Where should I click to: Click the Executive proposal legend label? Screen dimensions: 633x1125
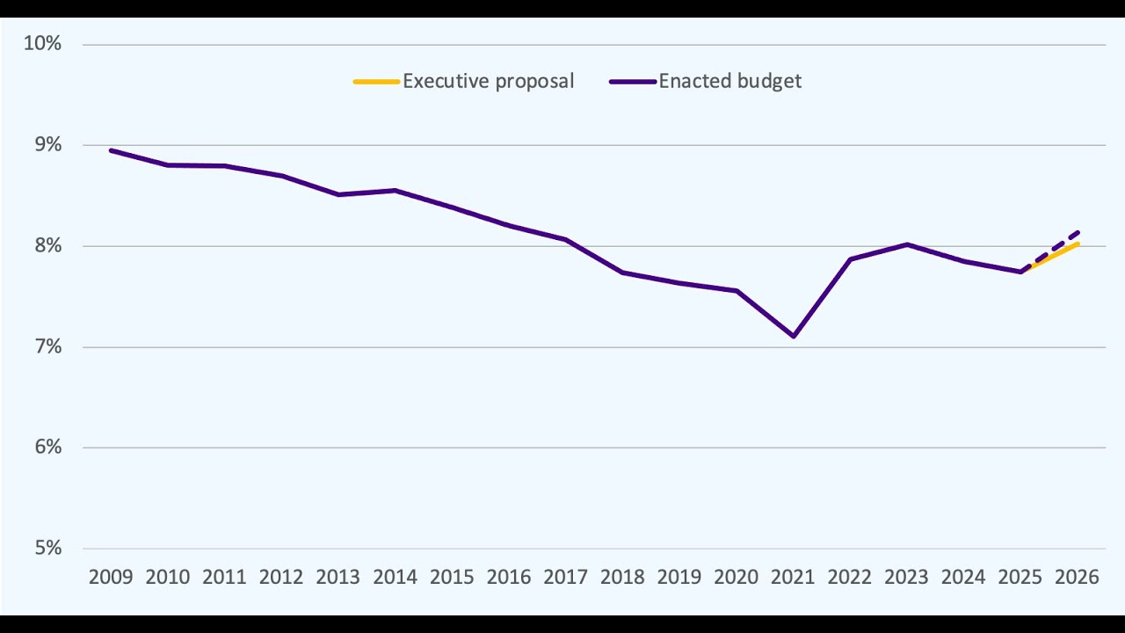coord(488,81)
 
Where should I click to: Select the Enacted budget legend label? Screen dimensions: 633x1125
coord(729,81)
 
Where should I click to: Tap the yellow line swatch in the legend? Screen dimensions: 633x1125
coord(376,81)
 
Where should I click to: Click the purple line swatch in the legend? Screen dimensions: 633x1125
coord(632,81)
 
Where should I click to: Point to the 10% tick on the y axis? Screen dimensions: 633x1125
coord(42,44)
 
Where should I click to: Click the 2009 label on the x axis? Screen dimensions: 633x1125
coord(111,578)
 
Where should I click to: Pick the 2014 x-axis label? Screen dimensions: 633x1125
coord(395,578)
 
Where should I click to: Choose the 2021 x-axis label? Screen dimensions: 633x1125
coord(793,578)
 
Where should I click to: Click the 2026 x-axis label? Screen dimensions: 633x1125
coord(1077,578)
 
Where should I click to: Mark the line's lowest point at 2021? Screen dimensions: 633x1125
coord(794,336)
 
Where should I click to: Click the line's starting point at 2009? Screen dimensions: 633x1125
coord(111,150)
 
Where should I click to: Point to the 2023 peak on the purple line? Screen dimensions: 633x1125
coord(906,244)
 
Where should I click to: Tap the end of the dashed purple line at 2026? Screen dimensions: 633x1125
coord(1078,232)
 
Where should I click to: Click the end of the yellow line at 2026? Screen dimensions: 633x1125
coord(1078,244)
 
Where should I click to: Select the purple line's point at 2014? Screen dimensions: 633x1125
coord(395,190)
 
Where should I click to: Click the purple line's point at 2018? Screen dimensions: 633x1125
coord(622,273)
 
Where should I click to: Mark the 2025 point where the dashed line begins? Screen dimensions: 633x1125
coord(1021,272)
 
